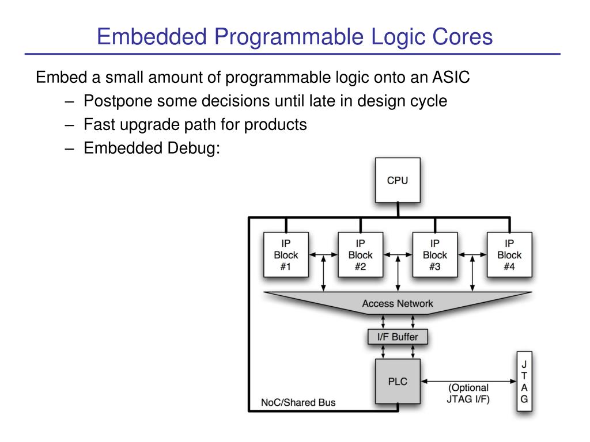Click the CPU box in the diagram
tap(397, 180)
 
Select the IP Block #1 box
tap(286, 255)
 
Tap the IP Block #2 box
tap(360, 255)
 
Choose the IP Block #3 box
tap(434, 255)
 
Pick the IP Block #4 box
tap(509, 255)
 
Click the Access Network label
tap(397, 303)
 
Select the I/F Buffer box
tap(398, 337)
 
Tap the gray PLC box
tap(398, 381)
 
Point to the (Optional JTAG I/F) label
tap(468, 393)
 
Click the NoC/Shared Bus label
tap(294, 402)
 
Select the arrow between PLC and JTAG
tap(468, 381)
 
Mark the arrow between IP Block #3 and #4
tap(472, 254)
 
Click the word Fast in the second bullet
tap(99, 124)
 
